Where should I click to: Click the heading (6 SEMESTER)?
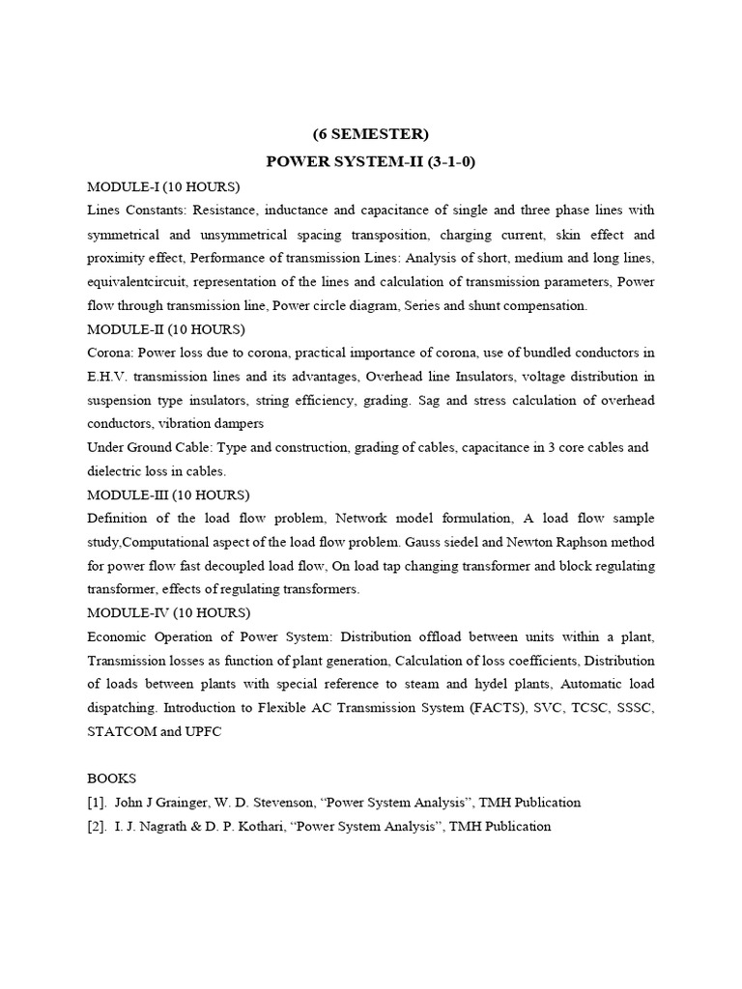[x=370, y=134]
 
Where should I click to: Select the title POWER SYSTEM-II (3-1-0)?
[x=371, y=161]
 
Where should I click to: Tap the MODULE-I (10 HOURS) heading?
[x=163, y=186]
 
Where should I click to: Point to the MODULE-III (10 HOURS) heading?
[x=168, y=494]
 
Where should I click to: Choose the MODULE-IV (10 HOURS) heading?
[x=168, y=612]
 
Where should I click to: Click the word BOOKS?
[x=112, y=777]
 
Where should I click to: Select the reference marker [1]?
[x=98, y=802]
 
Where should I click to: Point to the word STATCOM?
[x=123, y=731]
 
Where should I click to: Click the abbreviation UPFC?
[x=202, y=731]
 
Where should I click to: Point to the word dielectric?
[x=119, y=471]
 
